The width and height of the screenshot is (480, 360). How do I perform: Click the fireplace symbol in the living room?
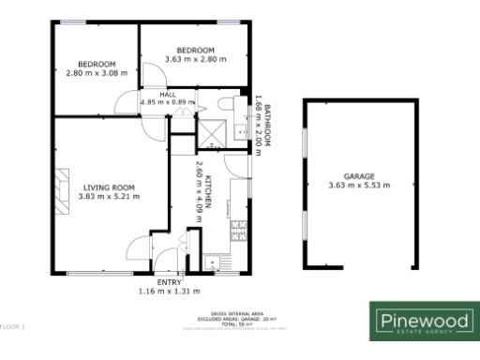click(x=62, y=190)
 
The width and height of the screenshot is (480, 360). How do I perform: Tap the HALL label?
click(x=168, y=94)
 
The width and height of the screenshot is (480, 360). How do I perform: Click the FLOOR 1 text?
click(x=13, y=326)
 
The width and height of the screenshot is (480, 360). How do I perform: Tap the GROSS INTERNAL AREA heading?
click(x=239, y=312)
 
